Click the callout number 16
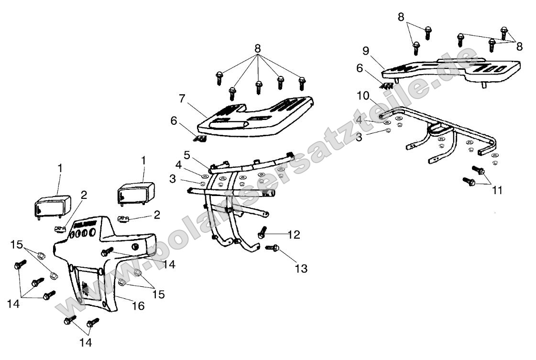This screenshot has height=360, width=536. (138, 305)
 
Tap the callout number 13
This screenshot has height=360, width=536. (301, 269)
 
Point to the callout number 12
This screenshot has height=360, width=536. (294, 234)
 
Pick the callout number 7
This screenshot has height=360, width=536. (182, 99)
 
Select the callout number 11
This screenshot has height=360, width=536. (497, 190)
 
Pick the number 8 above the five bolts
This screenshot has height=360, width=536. (258, 48)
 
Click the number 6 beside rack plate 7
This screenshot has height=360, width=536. (174, 121)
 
